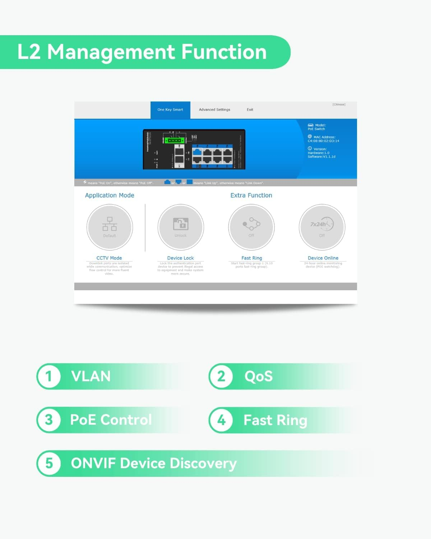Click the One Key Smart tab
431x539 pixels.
(170, 110)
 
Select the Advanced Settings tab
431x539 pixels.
(214, 110)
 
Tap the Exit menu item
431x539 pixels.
(250, 110)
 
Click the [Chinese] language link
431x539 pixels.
(339, 105)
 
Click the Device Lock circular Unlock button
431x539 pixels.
(181, 227)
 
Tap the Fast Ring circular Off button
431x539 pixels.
(251, 227)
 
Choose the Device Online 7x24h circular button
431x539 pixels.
(322, 227)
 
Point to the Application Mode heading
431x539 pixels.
(110, 195)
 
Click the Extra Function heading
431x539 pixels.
(251, 195)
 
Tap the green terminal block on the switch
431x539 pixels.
(175, 140)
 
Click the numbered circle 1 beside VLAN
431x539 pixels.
(49, 377)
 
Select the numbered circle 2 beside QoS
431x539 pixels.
(221, 377)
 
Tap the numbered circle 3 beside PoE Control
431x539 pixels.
(49, 420)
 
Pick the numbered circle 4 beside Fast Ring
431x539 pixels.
(221, 420)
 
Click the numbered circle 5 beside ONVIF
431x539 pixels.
(49, 464)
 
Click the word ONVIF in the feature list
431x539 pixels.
(93, 464)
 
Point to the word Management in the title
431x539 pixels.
(112, 52)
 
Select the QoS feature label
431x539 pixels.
(259, 377)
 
